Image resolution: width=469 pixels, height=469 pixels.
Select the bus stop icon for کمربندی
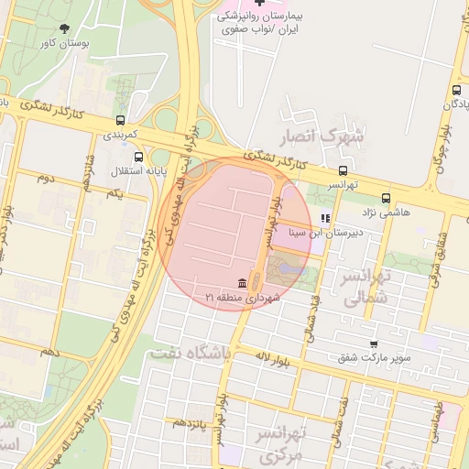tap(120, 120)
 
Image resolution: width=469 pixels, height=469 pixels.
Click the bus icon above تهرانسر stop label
tap(344, 169)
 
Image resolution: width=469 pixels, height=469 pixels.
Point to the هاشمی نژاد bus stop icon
tap(385, 197)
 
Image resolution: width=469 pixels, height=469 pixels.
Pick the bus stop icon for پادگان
tap(455, 90)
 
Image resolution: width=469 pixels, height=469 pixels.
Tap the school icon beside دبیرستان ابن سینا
tap(324, 218)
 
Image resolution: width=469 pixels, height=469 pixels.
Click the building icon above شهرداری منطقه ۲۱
tap(241, 282)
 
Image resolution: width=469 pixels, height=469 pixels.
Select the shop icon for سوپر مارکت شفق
tap(373, 344)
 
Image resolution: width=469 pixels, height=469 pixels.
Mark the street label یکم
tap(114, 194)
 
